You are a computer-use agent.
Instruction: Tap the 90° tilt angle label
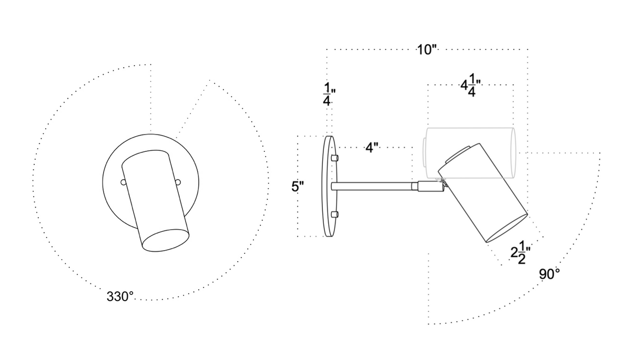point(549,274)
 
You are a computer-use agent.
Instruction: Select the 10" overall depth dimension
point(427,50)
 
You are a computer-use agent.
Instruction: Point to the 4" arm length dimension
point(372,148)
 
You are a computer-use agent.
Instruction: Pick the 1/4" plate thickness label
point(328,94)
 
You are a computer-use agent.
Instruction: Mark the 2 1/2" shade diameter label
point(520,253)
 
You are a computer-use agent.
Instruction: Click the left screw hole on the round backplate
point(123,182)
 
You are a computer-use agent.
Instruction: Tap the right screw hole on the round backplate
point(178,182)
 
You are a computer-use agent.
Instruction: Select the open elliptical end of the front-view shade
point(165,240)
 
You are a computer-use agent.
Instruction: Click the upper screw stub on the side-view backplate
point(335,157)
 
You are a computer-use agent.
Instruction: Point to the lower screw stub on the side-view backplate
point(335,214)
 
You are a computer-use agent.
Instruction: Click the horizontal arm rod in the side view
point(373,186)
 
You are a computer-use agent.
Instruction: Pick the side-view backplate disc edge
point(329,187)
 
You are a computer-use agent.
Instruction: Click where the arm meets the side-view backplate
point(334,186)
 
